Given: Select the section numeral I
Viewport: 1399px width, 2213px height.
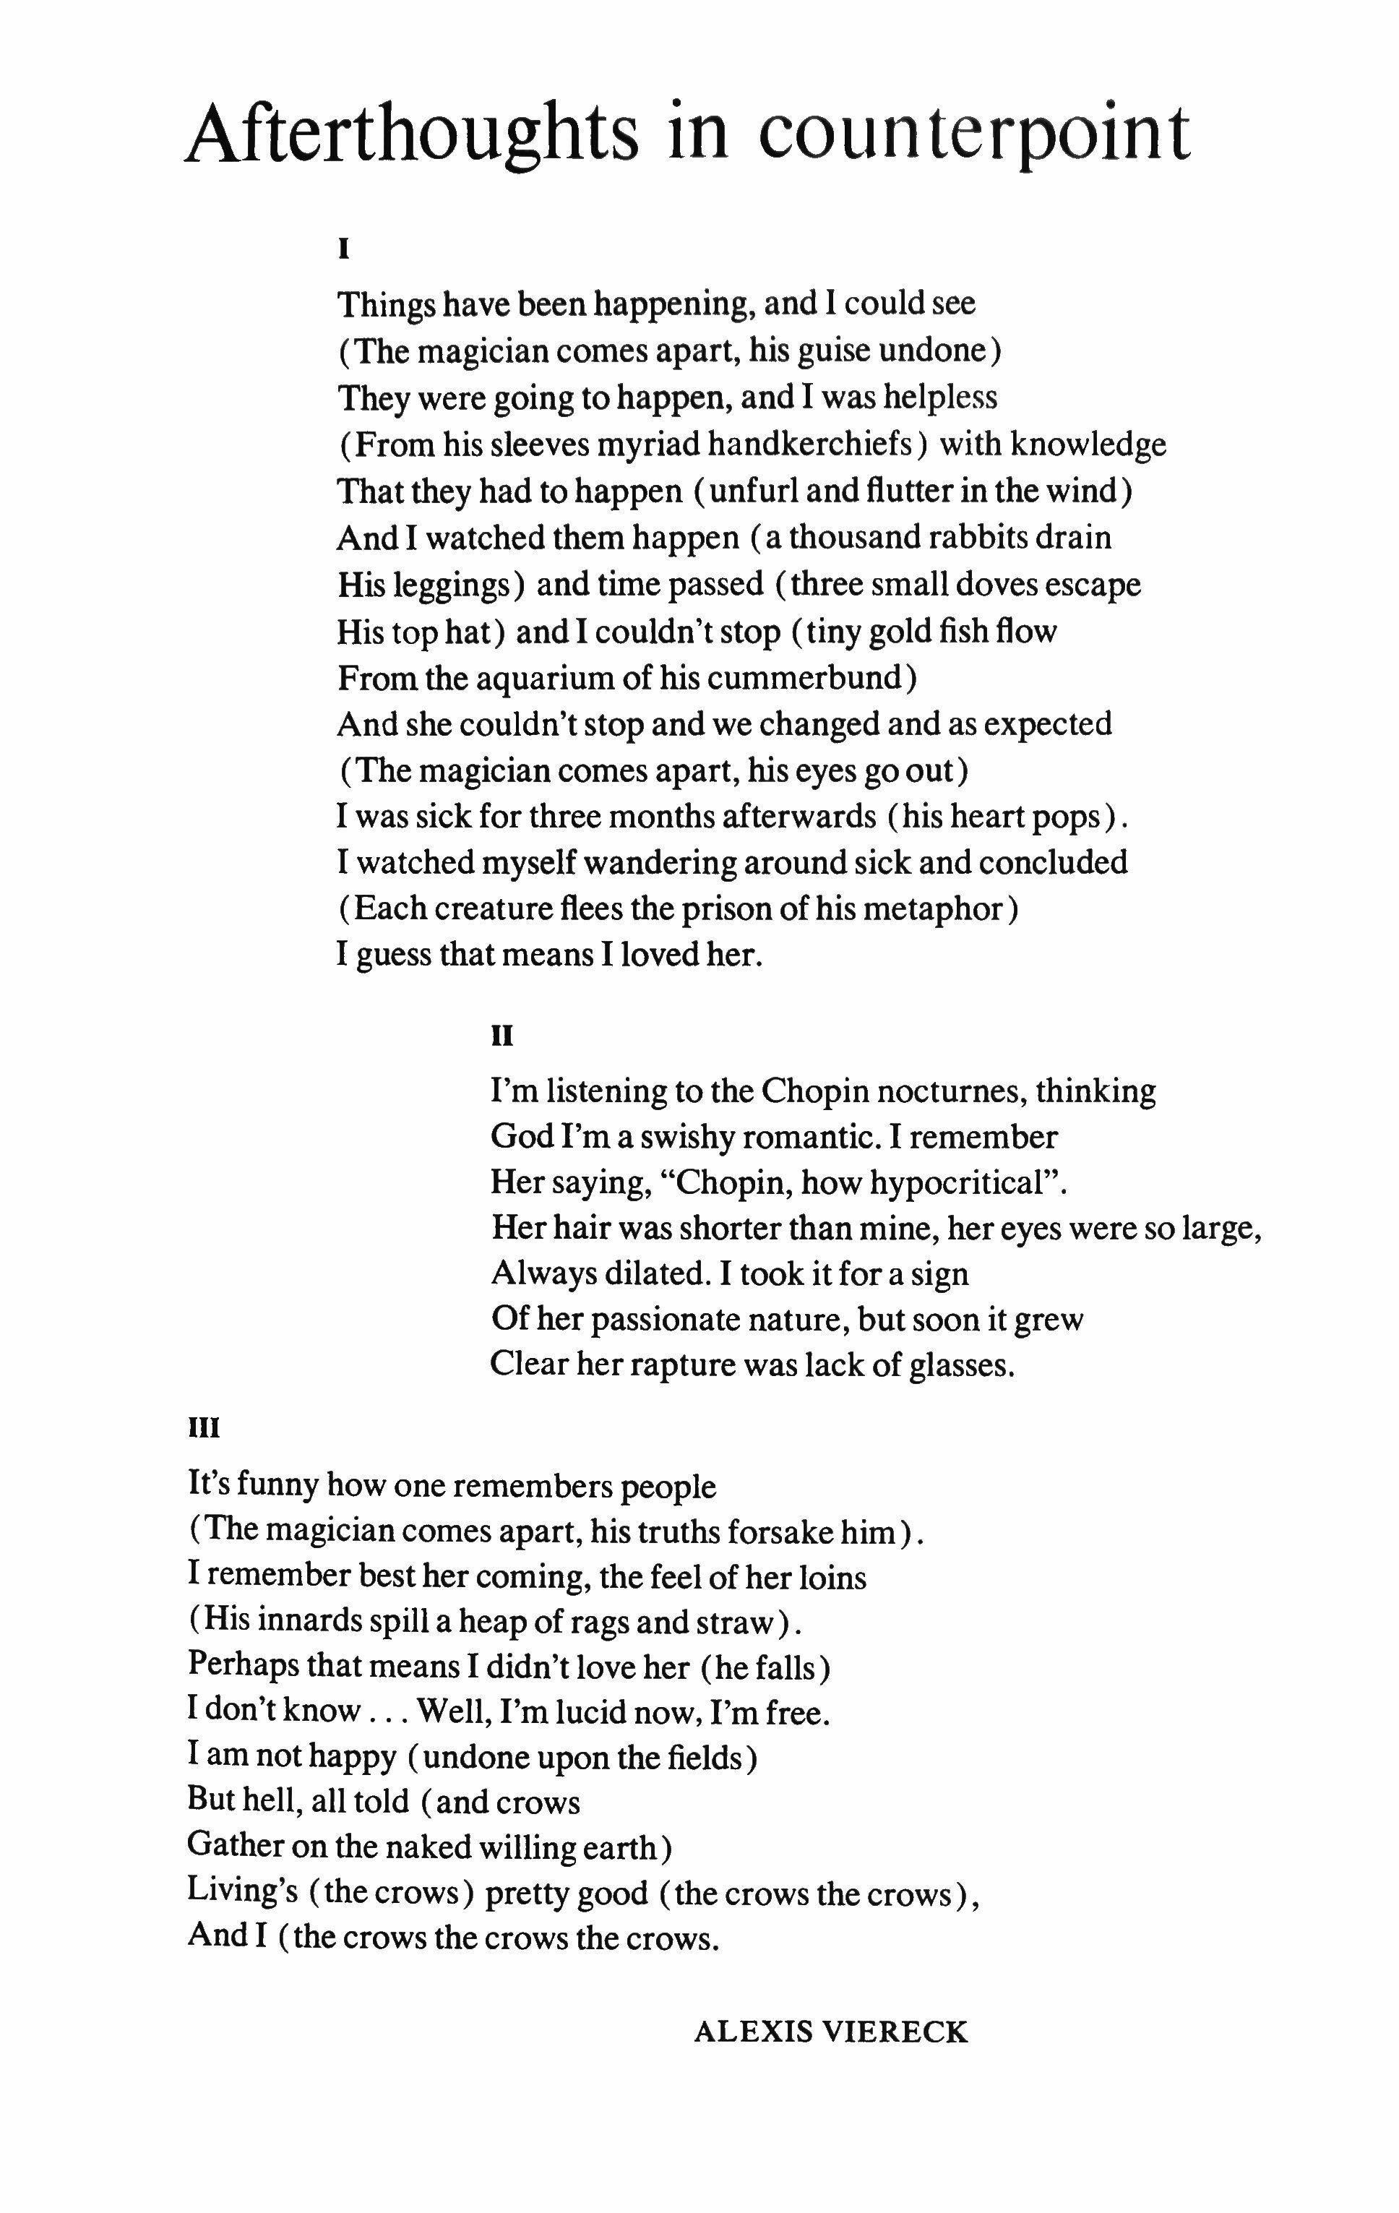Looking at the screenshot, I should [x=344, y=248].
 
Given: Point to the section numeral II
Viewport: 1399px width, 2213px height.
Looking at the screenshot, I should [x=502, y=1036].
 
